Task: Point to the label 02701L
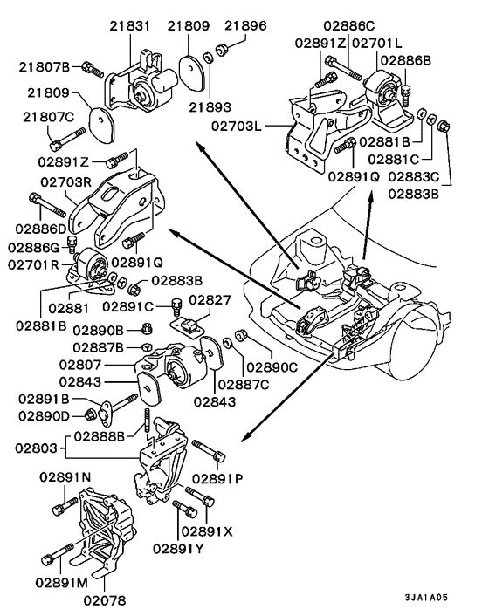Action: click(376, 42)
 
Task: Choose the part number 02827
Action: click(210, 299)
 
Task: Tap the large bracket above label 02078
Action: click(105, 532)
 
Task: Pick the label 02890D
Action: click(42, 415)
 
